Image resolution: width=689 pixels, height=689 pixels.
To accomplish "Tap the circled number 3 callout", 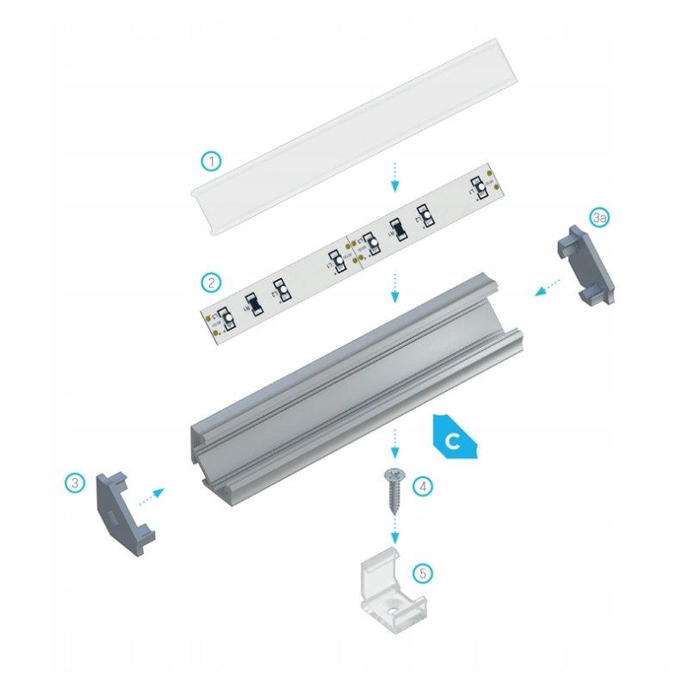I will click(x=77, y=483).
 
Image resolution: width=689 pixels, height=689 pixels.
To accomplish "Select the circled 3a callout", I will click(x=600, y=218).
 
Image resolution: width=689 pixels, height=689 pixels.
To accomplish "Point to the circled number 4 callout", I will click(x=422, y=487).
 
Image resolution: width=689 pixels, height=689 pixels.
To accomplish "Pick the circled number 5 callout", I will click(x=422, y=573).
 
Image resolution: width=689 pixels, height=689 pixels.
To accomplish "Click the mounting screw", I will click(x=394, y=490).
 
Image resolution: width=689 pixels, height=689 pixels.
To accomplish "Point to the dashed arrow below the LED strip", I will click(x=394, y=288).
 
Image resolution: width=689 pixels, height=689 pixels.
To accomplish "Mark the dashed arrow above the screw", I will click(x=394, y=444).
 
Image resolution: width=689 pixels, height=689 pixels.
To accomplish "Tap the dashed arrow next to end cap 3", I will click(x=152, y=494).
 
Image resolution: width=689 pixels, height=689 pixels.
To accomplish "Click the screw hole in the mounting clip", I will click(x=392, y=608).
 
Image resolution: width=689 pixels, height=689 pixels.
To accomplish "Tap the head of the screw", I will click(x=394, y=474).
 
